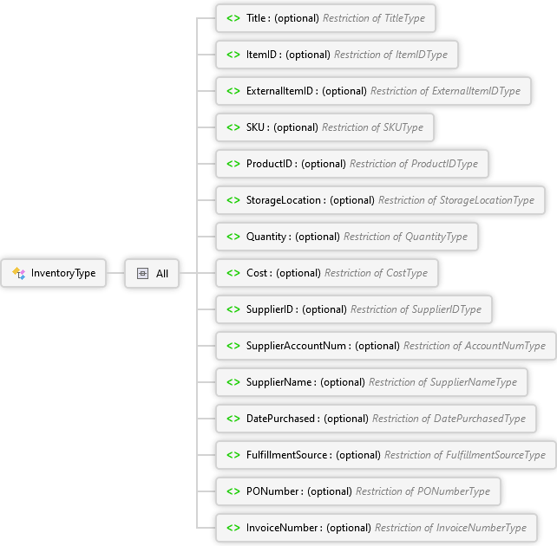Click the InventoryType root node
(x=53, y=273)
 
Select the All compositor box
(x=152, y=273)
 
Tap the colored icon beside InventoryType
(x=19, y=273)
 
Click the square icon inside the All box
(x=142, y=274)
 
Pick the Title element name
(x=256, y=18)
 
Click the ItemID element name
(x=261, y=55)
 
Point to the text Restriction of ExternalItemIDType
(x=445, y=91)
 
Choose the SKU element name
(x=255, y=127)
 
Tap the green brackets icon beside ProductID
(x=233, y=164)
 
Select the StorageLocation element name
(x=284, y=200)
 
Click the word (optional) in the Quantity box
(x=318, y=237)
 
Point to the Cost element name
(x=257, y=273)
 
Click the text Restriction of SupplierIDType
(x=416, y=309)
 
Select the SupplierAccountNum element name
(x=296, y=346)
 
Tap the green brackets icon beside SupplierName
(x=233, y=382)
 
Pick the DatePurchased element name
(x=280, y=419)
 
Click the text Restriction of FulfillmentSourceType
(x=465, y=455)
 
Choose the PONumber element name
(x=272, y=491)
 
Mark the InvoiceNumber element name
(x=282, y=528)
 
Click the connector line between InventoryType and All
(x=115, y=273)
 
